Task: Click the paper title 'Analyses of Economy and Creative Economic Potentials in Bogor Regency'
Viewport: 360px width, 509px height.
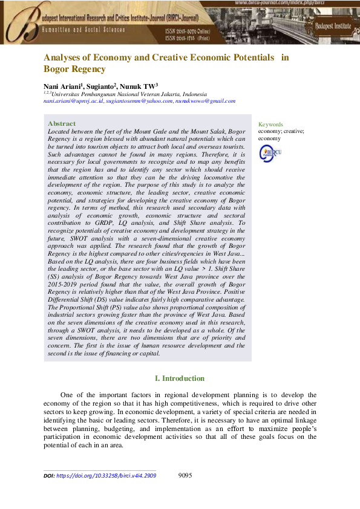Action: coord(166,63)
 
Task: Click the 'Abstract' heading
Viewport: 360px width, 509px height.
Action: coord(62,123)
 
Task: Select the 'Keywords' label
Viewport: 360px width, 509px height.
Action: coord(270,125)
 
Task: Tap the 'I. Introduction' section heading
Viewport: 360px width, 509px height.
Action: coord(180,378)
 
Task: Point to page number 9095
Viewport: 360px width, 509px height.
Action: coord(186,475)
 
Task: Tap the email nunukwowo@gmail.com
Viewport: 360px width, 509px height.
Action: coord(205,101)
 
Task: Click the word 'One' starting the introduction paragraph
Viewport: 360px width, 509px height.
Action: coord(68,395)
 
